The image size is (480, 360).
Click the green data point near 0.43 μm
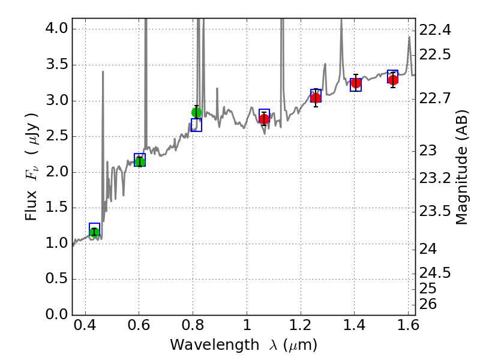coord(94,232)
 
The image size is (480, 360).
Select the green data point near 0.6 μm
coord(140,161)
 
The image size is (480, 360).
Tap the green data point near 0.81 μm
coord(196,112)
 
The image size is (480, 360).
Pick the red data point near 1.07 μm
coord(265,119)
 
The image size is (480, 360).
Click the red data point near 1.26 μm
coord(316,98)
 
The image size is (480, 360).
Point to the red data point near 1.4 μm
coord(356,83)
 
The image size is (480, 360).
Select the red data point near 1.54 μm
coord(393,80)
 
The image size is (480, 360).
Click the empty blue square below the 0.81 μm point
coord(196,125)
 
